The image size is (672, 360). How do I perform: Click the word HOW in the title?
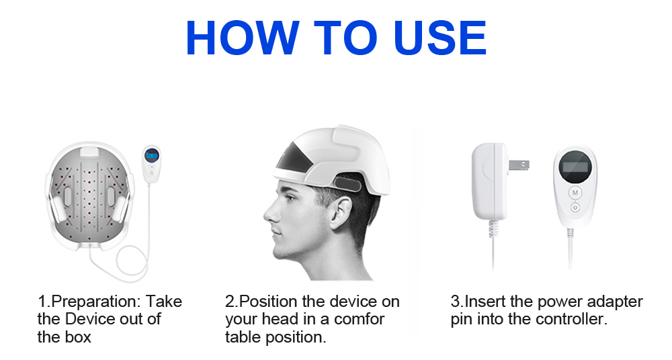coord(243,38)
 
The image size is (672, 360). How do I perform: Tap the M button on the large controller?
coord(575,193)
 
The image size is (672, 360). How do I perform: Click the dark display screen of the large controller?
coord(575,167)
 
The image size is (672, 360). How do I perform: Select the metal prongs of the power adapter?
coord(519,165)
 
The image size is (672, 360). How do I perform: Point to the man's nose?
coord(270,212)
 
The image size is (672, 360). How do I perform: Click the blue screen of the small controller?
coord(151,155)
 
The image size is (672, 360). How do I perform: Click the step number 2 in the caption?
coord(230,302)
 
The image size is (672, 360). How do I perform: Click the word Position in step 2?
coord(268,302)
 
